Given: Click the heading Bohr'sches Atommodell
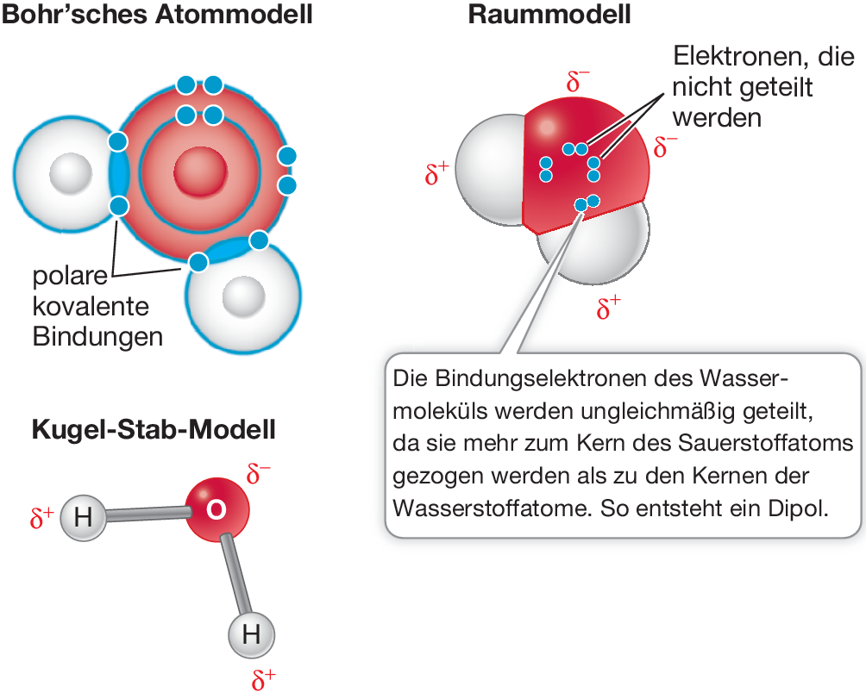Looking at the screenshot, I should coord(157,15).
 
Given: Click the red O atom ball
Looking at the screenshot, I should coord(216,509).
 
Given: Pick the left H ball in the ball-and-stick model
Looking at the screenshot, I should coord(83,518).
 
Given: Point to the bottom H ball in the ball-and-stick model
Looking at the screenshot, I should coord(251,635).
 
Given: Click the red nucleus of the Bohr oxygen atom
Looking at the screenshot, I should coord(198,171).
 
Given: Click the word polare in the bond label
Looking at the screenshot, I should coord(71,277).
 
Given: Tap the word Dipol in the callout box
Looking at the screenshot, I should coord(800,508).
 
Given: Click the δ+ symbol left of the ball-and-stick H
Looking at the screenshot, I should coord(42,519).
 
